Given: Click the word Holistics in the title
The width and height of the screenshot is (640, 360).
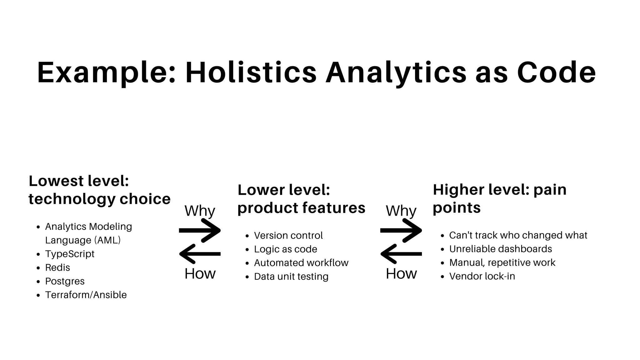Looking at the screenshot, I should [x=251, y=73].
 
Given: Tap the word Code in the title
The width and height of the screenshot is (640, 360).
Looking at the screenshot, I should [x=556, y=73].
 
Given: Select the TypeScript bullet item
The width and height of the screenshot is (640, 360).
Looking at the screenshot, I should [x=70, y=254].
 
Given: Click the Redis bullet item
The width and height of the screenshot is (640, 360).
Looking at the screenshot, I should [x=57, y=267].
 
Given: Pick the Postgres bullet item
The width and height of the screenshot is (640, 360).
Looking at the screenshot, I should [x=65, y=281].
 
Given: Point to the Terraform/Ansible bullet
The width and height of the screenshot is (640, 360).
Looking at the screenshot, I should [x=86, y=295].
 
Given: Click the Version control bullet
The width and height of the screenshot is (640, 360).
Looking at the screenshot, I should [x=288, y=235].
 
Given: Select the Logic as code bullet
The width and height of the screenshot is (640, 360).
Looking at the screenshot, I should [x=285, y=249].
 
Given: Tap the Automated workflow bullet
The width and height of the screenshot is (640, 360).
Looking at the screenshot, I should [x=301, y=263].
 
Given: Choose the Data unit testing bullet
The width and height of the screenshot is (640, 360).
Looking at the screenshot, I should [x=291, y=277].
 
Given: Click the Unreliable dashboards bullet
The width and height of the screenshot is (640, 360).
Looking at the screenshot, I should [x=500, y=249].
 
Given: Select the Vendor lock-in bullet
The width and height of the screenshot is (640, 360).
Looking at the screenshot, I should [x=482, y=276].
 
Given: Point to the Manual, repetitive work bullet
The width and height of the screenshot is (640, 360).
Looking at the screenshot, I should [x=502, y=262].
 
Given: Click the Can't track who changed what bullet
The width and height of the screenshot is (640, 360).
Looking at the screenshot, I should [x=518, y=235].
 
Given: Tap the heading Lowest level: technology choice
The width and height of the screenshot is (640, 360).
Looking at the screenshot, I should [x=99, y=190].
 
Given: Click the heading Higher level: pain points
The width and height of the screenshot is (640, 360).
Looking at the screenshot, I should [x=499, y=198].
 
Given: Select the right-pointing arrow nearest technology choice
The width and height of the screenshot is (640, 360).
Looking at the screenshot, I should [x=200, y=231].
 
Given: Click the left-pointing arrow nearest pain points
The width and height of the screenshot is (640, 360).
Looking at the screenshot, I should [x=401, y=254].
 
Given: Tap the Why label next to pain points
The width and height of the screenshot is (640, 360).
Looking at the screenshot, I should [x=401, y=211].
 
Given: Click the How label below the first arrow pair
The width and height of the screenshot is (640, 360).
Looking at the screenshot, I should [x=200, y=274].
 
